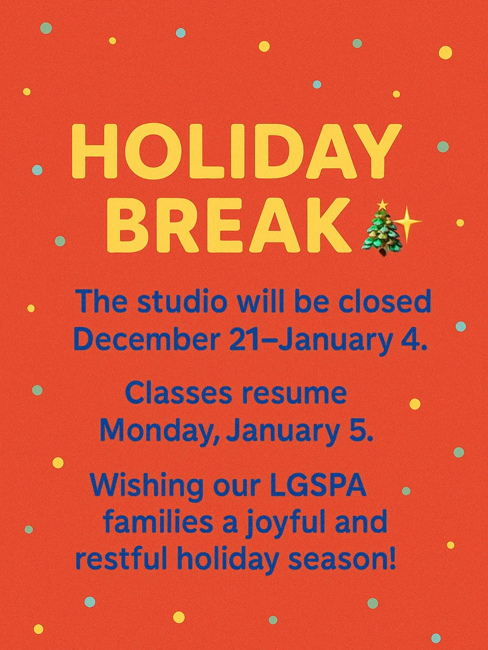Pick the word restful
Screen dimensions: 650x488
(x=121, y=559)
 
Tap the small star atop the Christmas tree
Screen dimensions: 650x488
(x=383, y=205)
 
